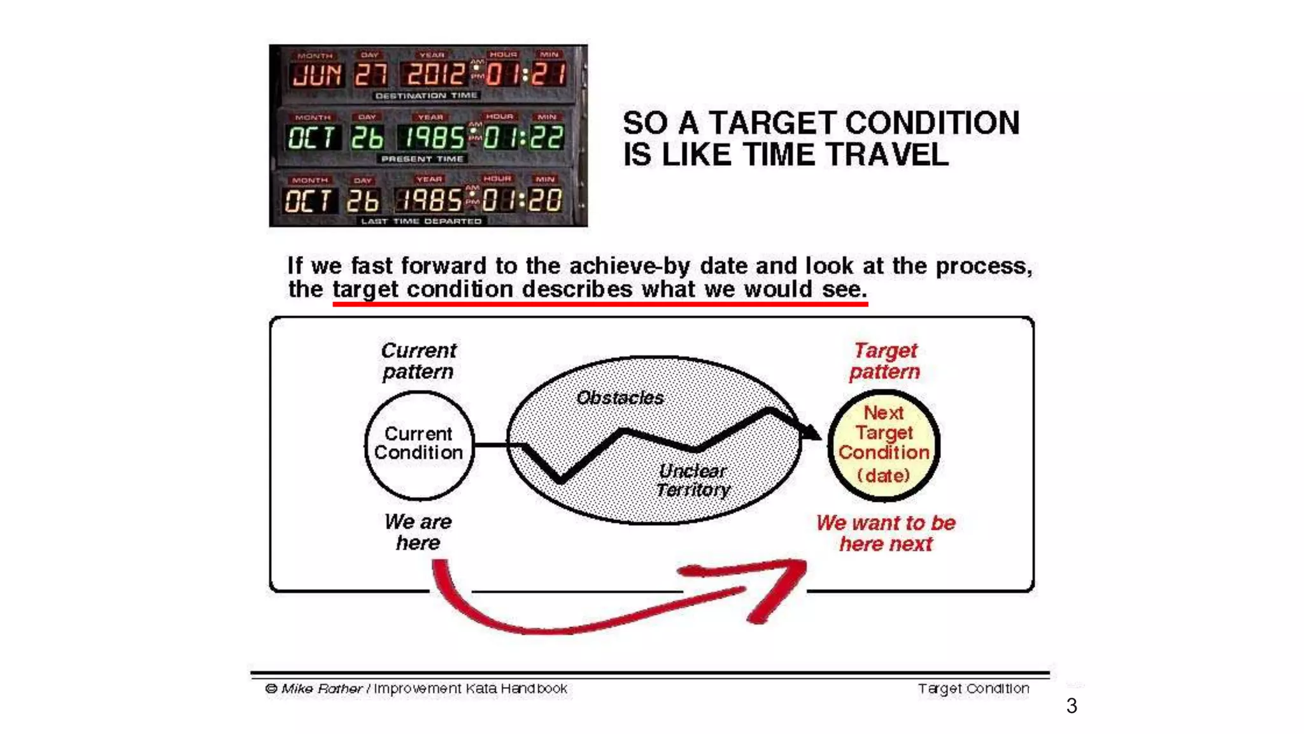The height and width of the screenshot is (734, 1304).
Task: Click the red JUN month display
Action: point(316,75)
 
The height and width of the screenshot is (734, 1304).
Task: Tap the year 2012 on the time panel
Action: point(435,75)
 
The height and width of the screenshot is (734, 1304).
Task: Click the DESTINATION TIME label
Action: point(426,96)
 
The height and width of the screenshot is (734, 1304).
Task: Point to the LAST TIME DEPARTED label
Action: point(421,221)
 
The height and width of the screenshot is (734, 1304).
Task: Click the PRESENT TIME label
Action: point(422,159)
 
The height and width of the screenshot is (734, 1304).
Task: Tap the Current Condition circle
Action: point(419,444)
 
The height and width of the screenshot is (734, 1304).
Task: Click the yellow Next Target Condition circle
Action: point(884,444)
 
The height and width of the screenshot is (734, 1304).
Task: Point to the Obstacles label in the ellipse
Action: point(620,398)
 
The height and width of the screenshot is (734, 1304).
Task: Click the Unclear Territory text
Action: point(693,480)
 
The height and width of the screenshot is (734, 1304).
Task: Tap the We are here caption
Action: point(418,532)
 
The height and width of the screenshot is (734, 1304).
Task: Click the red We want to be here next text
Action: point(886,533)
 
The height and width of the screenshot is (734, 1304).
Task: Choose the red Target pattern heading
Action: point(885,361)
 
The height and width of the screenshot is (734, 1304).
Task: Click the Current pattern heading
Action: point(418,361)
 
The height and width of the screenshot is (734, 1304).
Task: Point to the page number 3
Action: point(1072,706)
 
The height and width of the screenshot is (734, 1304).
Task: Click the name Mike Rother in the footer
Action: point(322,689)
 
